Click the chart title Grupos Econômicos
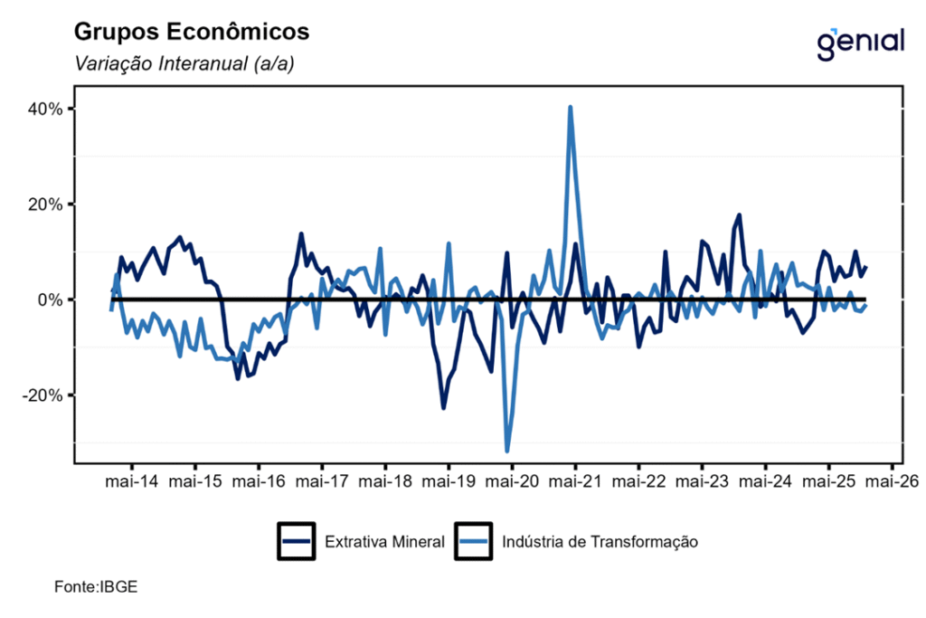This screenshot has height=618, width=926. coord(191,33)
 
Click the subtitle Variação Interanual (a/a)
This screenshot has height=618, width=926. coord(184,64)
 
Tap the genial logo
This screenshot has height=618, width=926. coord(859,42)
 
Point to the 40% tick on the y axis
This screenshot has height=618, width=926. coord(44,109)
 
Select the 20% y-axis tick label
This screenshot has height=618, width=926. coord(44,204)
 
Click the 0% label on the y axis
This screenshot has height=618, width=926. coord(49,299)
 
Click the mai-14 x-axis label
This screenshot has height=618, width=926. coord(132,481)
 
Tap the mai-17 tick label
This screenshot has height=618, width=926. coord(322,481)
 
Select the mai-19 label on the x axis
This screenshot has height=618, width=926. coord(449,481)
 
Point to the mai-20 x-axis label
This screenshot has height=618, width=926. coord(512,481)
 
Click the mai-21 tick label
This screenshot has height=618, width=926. coord(575,481)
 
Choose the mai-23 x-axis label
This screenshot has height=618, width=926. coord(702,481)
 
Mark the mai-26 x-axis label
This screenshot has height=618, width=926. coord(893,481)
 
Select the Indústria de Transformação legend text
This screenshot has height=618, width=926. coord(599,542)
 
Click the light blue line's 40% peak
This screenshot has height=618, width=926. coord(571,108)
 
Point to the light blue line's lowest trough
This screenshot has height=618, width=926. coord(507,451)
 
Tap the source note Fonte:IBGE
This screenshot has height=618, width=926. coord(96,588)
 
